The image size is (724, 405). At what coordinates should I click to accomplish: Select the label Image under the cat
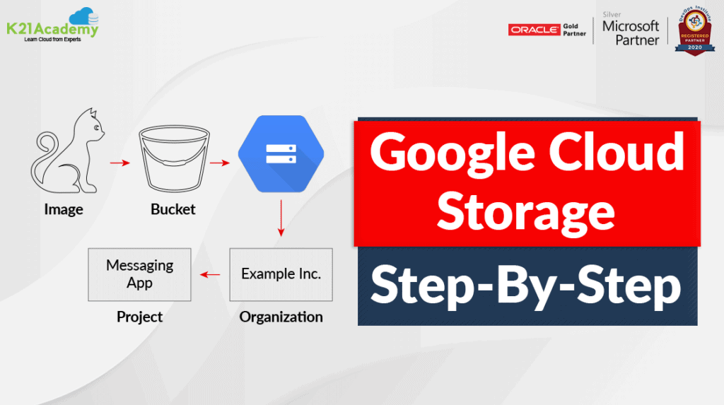64,209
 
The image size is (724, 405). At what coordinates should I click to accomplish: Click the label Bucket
173,209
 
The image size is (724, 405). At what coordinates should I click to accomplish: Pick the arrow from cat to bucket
121,163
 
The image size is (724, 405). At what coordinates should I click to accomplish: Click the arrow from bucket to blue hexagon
221,163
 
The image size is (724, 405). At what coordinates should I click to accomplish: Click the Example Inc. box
281,274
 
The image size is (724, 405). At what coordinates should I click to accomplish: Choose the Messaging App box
139,274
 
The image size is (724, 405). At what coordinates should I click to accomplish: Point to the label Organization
281,317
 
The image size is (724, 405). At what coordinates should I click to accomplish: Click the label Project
139,317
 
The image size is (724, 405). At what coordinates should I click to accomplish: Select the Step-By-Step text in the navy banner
526,286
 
